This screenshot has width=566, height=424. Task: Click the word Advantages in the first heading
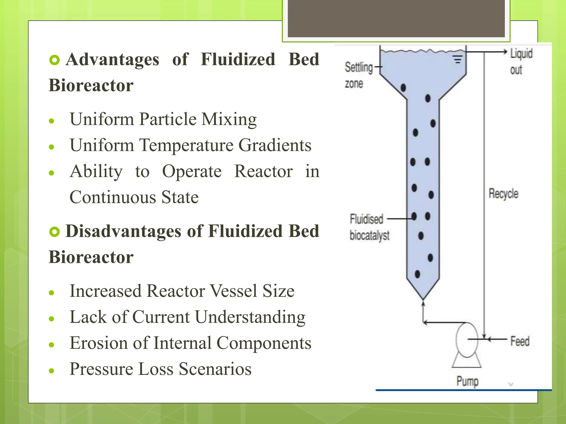coord(112,59)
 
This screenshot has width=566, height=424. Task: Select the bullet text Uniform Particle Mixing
coord(163,119)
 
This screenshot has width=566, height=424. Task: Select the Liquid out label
coord(521,61)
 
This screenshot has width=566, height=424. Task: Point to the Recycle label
coord(503,194)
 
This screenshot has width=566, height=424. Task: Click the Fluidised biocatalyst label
coord(369,227)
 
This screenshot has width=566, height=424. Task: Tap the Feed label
coord(520,341)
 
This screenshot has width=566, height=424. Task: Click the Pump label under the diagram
coord(467,381)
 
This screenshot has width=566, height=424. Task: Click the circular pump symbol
coord(467,340)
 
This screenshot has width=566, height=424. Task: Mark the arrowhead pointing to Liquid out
coord(505,52)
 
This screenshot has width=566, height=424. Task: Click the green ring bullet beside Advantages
coord(54,60)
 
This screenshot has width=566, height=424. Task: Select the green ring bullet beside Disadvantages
coord(54,232)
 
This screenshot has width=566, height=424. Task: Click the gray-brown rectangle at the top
coord(396,18)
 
